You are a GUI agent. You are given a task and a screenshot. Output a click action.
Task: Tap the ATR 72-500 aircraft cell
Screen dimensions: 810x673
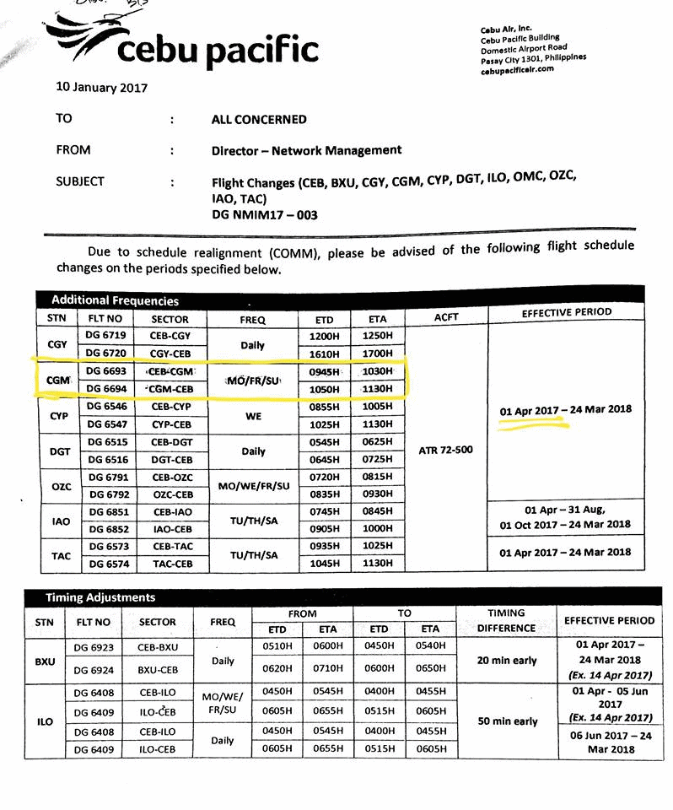[445, 450]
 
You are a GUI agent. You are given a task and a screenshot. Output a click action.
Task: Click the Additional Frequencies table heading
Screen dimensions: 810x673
[115, 300]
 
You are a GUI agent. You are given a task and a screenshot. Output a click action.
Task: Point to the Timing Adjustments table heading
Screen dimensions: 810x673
[100, 597]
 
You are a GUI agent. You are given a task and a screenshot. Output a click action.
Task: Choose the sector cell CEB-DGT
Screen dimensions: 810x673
[170, 442]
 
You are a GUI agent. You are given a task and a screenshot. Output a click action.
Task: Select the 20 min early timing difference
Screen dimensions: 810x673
[506, 661]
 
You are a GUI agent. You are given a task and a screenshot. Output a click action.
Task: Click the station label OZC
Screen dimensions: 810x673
[60, 487]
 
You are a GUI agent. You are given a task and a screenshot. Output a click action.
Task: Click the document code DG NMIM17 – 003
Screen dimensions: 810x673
[264, 215]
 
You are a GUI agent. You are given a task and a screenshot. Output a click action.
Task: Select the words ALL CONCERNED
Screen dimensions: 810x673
[258, 120]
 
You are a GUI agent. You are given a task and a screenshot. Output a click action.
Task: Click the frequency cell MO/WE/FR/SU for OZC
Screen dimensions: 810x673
[253, 487]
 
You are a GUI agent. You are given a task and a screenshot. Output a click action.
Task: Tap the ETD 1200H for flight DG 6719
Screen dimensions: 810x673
[325, 336]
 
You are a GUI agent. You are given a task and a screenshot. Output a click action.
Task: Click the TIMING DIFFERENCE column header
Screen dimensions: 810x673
[506, 621]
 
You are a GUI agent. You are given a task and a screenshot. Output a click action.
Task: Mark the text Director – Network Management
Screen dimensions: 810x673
[306, 150]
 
